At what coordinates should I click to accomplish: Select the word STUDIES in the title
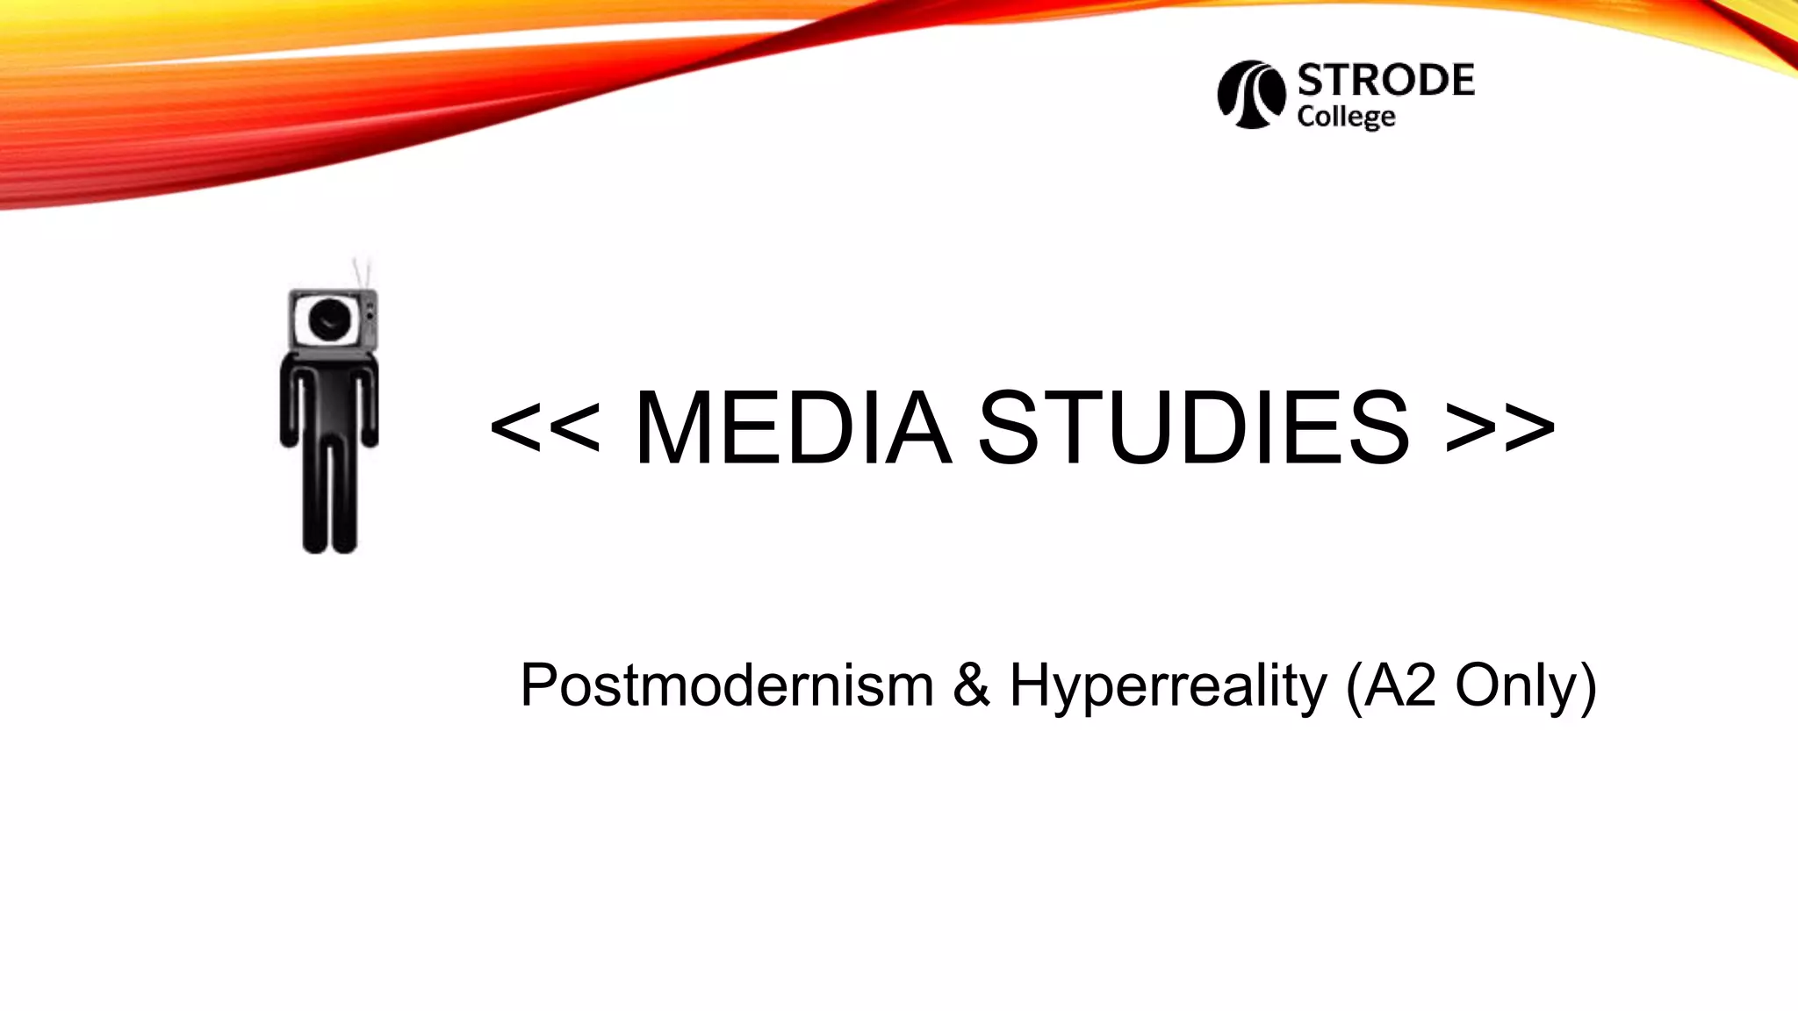pos(1193,427)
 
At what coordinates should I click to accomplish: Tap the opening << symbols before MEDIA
pos(545,427)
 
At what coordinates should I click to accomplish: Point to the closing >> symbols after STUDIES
pos(1500,427)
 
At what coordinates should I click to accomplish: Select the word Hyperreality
pos(1168,686)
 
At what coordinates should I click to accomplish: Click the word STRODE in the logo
pos(1385,81)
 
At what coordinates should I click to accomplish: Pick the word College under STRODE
pos(1346,117)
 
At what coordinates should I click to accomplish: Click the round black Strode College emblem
pos(1250,95)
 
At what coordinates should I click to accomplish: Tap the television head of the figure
pos(333,319)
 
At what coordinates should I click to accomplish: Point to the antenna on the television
pos(361,271)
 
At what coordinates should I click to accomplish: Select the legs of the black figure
pos(329,500)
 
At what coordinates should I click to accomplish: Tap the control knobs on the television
pos(370,310)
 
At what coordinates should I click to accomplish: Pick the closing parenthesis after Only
pos(1587,686)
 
